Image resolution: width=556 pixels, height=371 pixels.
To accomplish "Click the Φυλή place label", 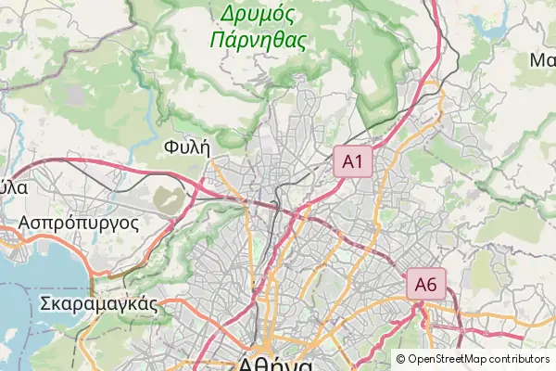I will coord(186,147).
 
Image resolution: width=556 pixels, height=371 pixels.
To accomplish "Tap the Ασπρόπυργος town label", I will coord(79,224).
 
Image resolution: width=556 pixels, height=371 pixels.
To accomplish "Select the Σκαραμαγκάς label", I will coord(96,303).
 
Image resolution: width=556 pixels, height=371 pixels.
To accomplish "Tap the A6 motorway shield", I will coord(425,284).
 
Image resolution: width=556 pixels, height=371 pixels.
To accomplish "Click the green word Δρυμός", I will coord(258,14).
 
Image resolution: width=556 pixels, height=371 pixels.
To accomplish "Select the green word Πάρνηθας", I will coord(258,39).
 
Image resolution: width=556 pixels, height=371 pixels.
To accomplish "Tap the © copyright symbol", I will coord(401,359).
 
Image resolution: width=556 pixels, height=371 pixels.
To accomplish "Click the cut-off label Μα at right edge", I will coord(542,60).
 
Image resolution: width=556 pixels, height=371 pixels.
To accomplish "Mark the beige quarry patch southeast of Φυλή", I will coord(168,198).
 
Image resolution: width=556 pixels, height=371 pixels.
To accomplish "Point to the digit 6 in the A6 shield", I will coord(432,284).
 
